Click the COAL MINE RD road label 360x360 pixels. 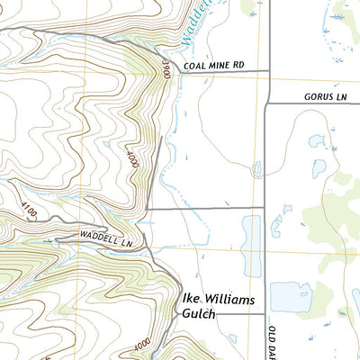(213, 65)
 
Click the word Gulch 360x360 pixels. (194, 314)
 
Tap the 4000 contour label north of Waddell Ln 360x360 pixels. (131, 161)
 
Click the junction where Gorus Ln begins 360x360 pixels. (269, 103)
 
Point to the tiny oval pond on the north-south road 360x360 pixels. (258, 168)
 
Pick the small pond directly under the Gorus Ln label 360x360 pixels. (316, 140)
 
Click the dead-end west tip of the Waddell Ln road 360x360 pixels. (56, 239)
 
